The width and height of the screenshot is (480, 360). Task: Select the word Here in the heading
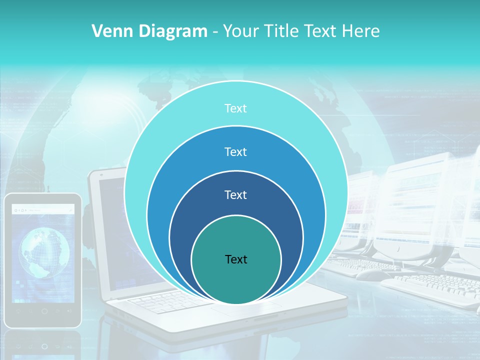click(x=360, y=31)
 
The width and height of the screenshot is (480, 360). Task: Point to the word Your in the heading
click(x=239, y=31)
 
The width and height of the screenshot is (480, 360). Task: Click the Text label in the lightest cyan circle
click(x=235, y=108)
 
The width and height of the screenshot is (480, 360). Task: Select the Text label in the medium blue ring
click(x=235, y=151)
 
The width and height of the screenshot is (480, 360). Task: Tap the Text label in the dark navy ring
click(x=235, y=194)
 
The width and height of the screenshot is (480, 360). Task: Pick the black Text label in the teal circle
click(x=236, y=259)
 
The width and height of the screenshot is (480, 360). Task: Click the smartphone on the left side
click(x=42, y=260)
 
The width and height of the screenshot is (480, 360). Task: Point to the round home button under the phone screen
click(x=44, y=311)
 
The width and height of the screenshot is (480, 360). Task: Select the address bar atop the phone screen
click(x=44, y=210)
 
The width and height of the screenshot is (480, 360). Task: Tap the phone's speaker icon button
click(x=69, y=311)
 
